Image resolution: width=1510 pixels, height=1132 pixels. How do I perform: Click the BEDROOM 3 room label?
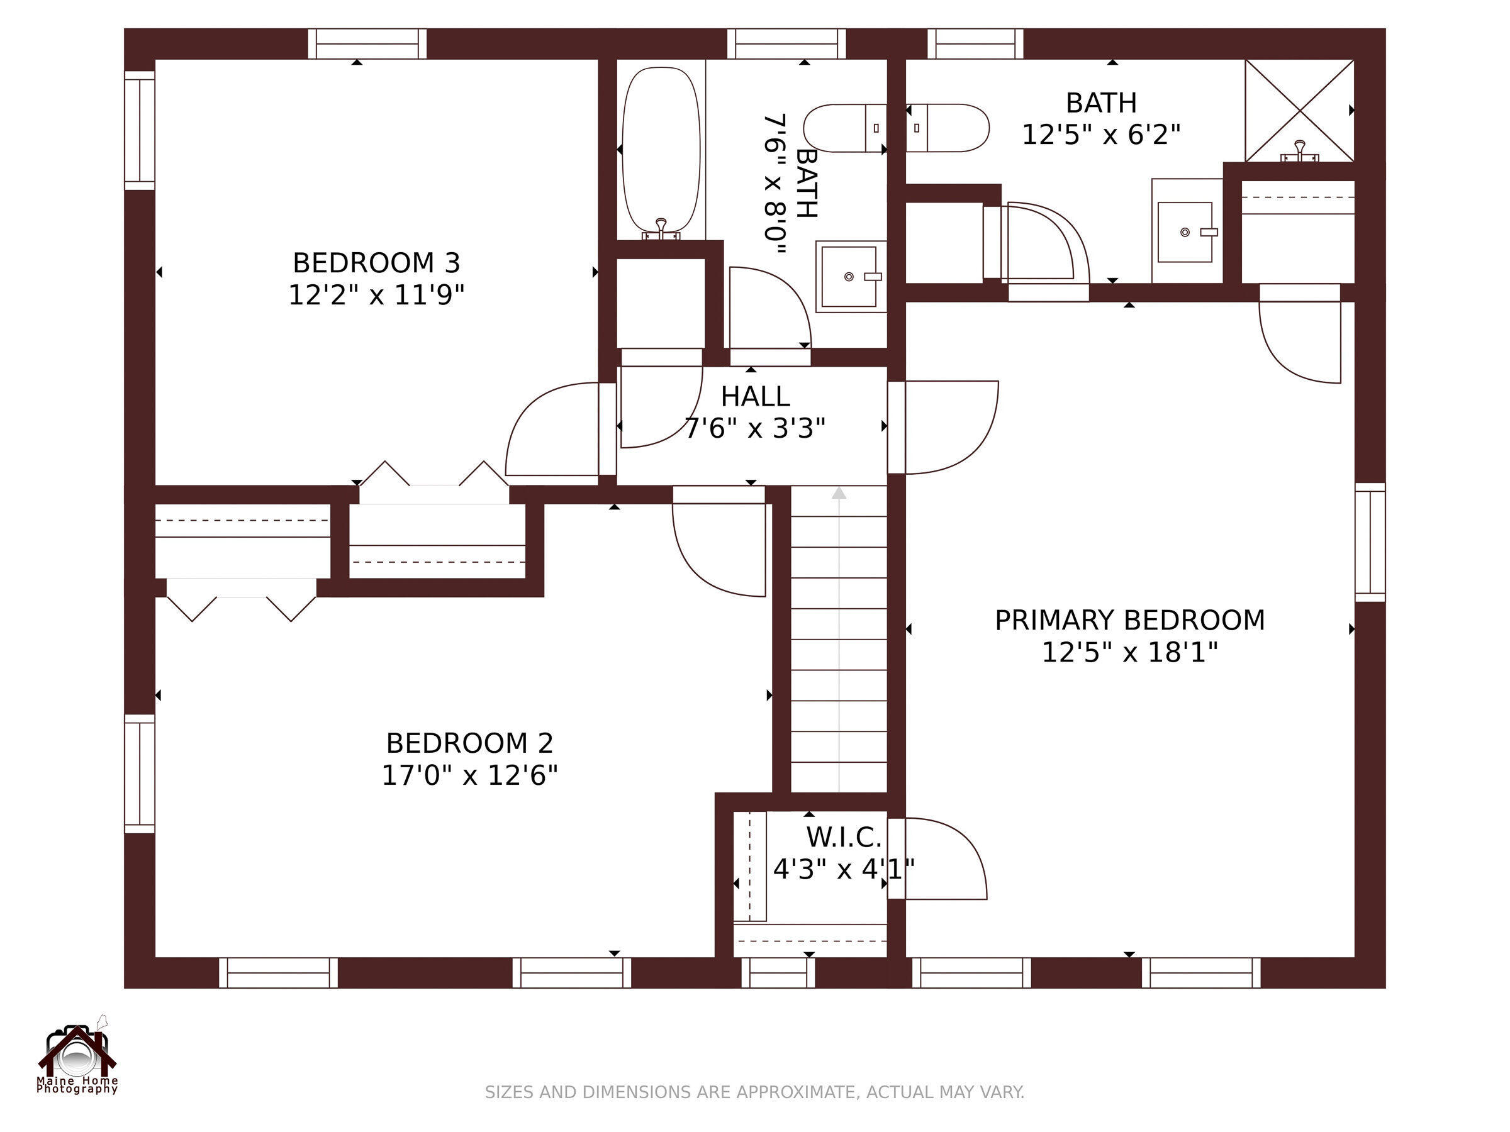tap(376, 263)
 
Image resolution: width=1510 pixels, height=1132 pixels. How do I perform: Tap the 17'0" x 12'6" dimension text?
tap(469, 775)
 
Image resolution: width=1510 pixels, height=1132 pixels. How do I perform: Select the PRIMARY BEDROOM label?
tap(1130, 620)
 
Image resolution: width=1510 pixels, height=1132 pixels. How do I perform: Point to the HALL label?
tap(755, 396)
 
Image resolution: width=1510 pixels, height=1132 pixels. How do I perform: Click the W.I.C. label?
tap(844, 836)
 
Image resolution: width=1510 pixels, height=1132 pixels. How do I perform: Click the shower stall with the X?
tap(1300, 111)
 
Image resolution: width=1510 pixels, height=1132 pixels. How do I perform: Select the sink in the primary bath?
tap(1187, 231)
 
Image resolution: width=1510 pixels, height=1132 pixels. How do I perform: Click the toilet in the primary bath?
tap(948, 128)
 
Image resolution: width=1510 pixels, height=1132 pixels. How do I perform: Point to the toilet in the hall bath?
tap(845, 128)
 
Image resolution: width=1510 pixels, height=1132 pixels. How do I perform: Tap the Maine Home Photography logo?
tap(77, 1055)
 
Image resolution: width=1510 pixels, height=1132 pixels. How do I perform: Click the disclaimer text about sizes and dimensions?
tap(754, 1092)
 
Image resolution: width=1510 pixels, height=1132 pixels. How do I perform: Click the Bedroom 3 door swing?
tap(552, 429)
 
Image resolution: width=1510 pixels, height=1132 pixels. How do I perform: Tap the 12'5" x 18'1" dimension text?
tap(1130, 652)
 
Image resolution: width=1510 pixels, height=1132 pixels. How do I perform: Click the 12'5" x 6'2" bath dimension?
tap(1101, 135)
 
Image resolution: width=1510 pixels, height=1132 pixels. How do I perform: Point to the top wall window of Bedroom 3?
tap(367, 43)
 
